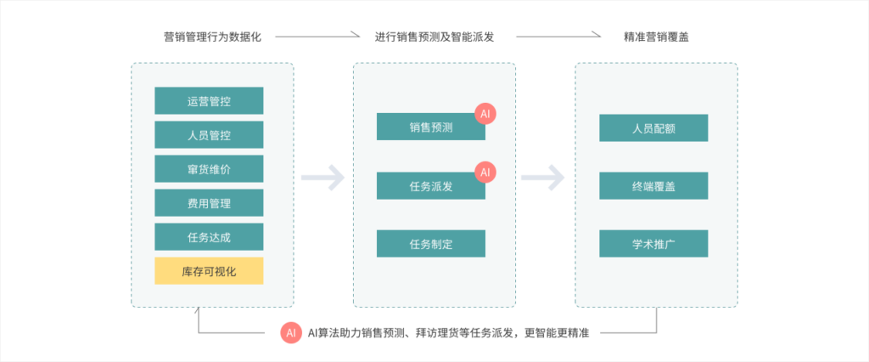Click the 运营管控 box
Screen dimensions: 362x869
[209, 101]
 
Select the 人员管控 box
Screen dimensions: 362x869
[209, 135]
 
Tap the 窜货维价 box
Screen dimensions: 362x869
[209, 169]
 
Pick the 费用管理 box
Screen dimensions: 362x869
[209, 203]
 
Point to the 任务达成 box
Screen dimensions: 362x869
[209, 237]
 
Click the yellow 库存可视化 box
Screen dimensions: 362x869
[209, 271]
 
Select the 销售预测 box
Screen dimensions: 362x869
[430, 127]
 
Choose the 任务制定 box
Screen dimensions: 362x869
[430, 244]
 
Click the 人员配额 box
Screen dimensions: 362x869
[653, 128]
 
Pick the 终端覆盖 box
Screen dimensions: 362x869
[653, 186]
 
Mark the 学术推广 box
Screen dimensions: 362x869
[653, 244]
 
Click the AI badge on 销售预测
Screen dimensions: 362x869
[485, 114]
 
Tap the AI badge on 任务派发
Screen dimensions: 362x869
[485, 172]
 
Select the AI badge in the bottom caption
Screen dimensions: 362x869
[291, 334]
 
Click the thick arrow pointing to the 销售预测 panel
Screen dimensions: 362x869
[322, 178]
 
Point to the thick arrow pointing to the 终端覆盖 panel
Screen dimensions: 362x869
[543, 178]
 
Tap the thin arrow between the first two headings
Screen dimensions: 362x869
[317, 37]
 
